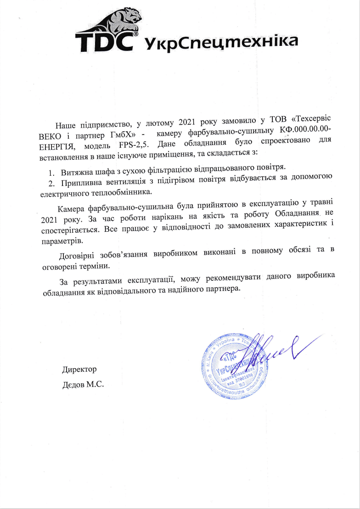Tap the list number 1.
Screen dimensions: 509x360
coord(51,173)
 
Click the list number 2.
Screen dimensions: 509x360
coord(51,183)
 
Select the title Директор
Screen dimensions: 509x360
coord(79,369)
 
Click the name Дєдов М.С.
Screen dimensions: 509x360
coord(83,383)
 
